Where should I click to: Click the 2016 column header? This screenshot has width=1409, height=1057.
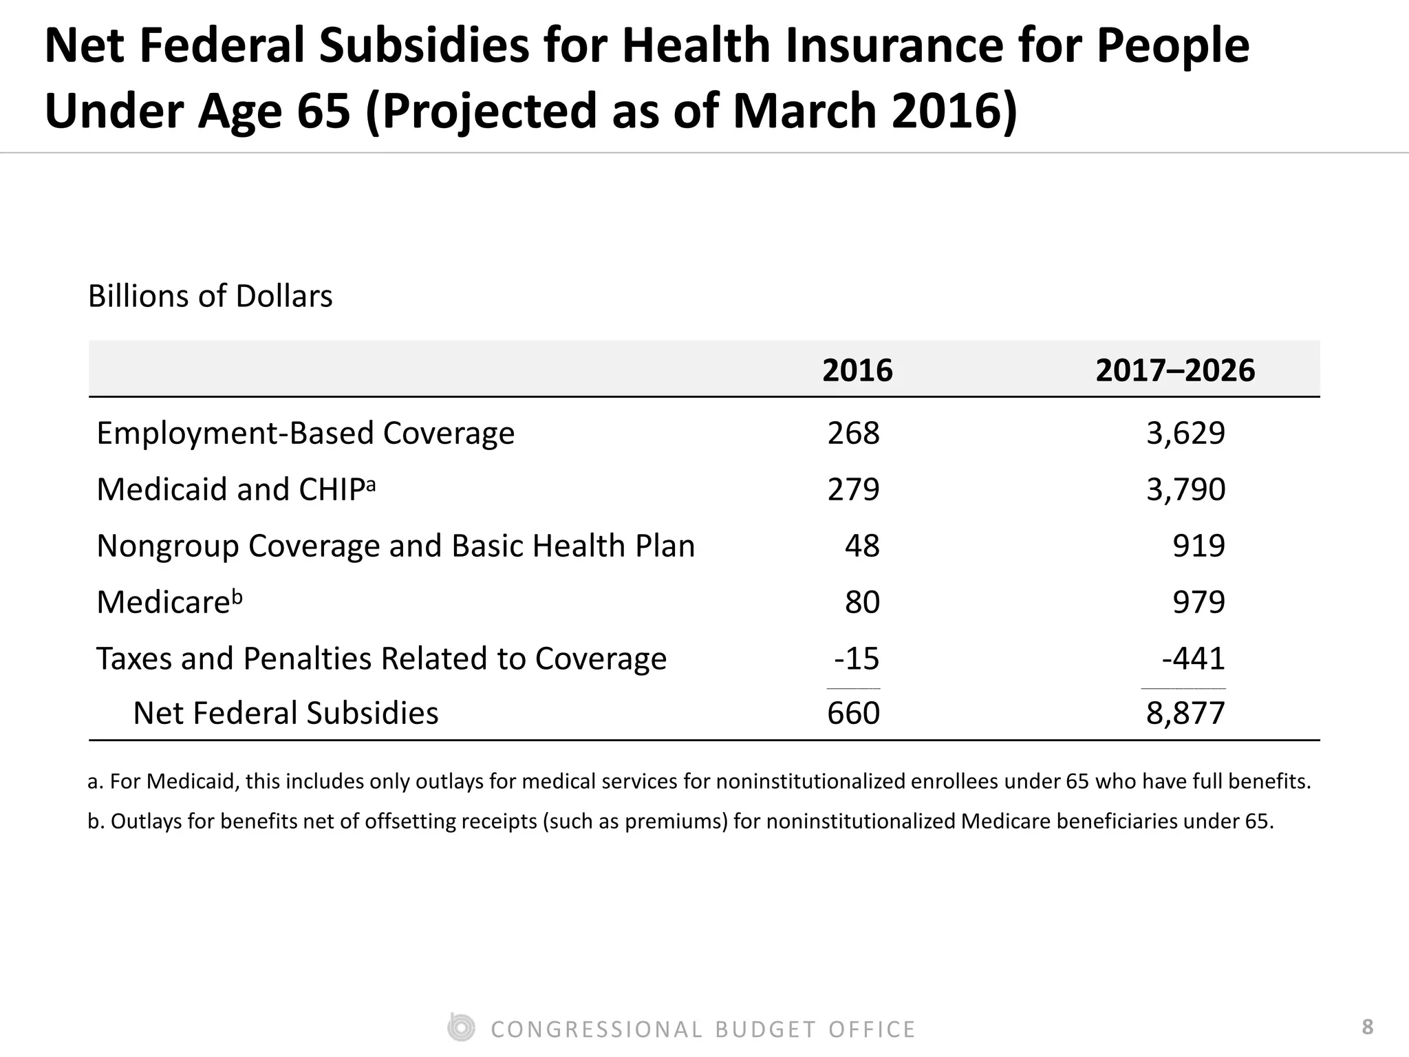(857, 371)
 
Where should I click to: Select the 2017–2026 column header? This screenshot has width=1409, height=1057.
(1175, 371)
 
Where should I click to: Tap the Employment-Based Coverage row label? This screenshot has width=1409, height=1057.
(305, 434)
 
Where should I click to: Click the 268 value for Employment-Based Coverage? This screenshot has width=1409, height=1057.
(853, 434)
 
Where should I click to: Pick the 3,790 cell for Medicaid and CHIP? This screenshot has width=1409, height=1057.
(1185, 490)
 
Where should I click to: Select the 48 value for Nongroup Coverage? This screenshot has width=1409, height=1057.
(862, 546)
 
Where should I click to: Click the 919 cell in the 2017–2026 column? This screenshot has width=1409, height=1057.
(1198, 546)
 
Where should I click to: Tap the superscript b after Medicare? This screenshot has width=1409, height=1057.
(237, 597)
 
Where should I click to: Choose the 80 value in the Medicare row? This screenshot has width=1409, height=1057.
(862, 603)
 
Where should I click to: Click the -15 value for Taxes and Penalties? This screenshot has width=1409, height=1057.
(857, 659)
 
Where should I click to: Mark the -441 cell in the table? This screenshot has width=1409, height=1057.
(1194, 659)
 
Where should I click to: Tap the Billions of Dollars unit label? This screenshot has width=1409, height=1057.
(210, 297)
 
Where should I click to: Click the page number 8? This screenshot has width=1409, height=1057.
(1368, 1027)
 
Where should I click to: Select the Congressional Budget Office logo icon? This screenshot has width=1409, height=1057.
(460, 1028)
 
